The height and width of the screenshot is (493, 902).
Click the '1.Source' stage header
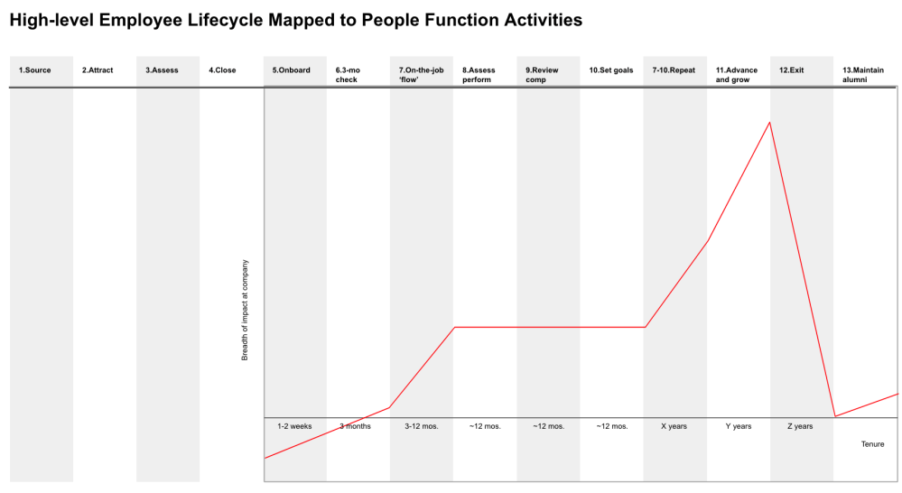pos(35,70)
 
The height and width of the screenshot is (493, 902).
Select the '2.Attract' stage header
pos(98,70)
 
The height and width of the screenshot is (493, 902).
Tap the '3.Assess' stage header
pos(162,70)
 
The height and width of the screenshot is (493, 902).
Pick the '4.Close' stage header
pos(222,70)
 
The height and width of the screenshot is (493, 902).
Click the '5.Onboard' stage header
pos(291,70)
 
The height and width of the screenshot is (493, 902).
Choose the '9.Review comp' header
pos(542,74)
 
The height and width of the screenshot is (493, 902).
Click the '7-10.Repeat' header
pos(674,70)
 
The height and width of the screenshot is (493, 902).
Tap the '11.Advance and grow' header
pos(737,74)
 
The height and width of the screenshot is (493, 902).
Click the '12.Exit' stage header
pos(792,70)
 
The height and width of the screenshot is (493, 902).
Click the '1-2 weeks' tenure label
pos(294,426)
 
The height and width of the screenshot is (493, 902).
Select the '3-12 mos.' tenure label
pos(422,426)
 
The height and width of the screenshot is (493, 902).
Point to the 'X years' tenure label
pos(674,426)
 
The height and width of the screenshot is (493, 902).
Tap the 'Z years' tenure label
pos(800,426)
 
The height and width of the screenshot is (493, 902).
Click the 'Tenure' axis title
pos(872,444)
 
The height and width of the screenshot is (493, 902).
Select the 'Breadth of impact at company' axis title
pos(245,311)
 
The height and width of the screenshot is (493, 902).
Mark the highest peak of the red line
pos(770,122)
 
